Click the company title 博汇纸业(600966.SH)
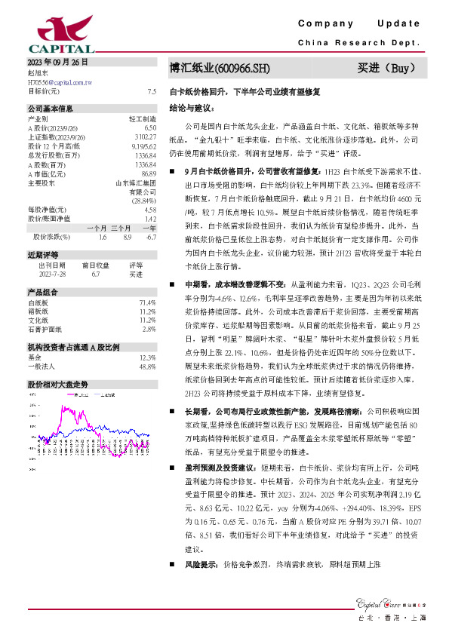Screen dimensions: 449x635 (x=220, y=69)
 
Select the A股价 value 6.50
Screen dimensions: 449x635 (x=150, y=127)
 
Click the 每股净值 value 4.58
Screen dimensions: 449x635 (x=150, y=209)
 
